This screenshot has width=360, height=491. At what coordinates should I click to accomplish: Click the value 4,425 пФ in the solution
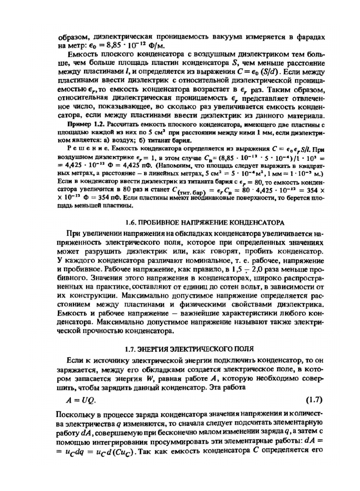tap(131, 166)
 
